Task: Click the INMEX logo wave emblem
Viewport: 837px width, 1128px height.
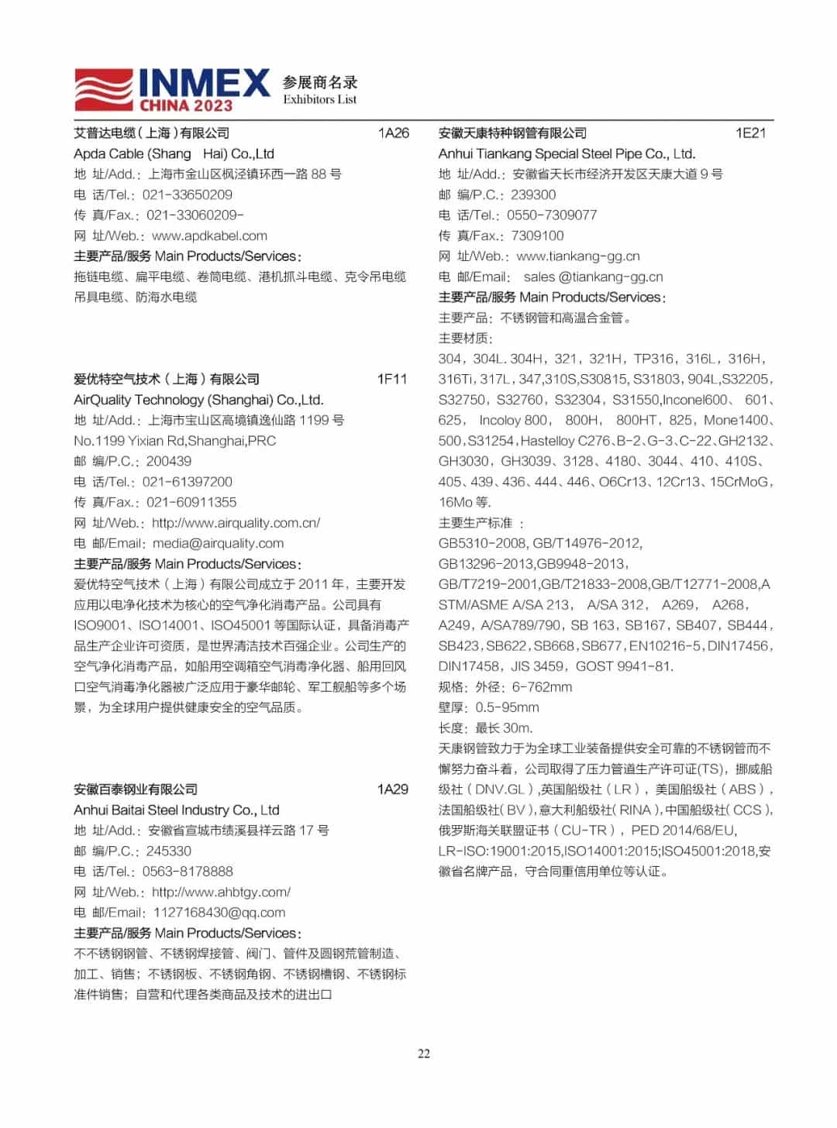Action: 105,89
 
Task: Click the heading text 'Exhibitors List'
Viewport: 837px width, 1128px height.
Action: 319,100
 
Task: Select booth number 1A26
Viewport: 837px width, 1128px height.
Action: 393,133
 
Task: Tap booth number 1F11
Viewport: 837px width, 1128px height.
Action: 391,379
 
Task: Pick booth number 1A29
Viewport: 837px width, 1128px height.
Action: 392,789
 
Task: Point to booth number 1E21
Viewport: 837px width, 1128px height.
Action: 750,133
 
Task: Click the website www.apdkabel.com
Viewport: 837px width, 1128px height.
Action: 209,236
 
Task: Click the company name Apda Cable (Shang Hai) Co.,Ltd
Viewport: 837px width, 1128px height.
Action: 174,153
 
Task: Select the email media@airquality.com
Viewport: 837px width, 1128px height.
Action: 218,543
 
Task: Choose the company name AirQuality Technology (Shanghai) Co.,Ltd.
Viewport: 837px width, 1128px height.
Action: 198,400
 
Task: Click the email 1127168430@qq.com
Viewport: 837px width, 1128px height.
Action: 219,913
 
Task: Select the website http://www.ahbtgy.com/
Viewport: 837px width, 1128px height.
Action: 221,892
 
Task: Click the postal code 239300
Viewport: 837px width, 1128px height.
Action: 532,194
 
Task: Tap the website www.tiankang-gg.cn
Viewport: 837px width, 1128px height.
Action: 577,256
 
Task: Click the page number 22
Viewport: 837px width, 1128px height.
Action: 424,1054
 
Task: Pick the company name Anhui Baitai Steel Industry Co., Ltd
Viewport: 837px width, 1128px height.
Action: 176,810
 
